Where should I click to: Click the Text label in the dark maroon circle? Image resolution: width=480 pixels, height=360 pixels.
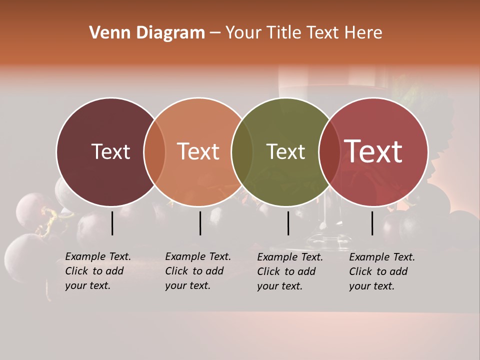pos(110,151)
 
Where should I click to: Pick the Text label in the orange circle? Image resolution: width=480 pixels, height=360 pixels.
pos(198,151)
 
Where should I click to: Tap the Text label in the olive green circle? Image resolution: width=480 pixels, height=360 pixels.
pos(285,151)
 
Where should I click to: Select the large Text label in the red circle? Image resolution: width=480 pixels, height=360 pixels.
pos(373,151)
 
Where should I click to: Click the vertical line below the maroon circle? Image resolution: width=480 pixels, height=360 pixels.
pos(112,223)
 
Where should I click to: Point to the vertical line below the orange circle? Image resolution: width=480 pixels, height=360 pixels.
pos(200,223)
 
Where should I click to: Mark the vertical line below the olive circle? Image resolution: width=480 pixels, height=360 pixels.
pos(288,223)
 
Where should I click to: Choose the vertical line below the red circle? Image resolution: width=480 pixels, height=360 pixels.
pos(372,223)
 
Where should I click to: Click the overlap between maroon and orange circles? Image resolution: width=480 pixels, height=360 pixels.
pos(154,151)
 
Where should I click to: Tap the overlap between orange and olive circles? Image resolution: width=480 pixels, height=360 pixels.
pos(242,151)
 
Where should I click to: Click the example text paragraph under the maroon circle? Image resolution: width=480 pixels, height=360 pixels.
pos(98,271)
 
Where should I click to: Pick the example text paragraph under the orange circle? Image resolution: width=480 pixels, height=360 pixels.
pos(198,271)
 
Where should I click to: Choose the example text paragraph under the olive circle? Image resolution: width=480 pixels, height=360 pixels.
pos(290,271)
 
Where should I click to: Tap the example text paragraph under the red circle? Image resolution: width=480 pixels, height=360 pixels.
pos(382,271)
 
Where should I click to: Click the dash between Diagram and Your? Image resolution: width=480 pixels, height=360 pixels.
pos(215,33)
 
